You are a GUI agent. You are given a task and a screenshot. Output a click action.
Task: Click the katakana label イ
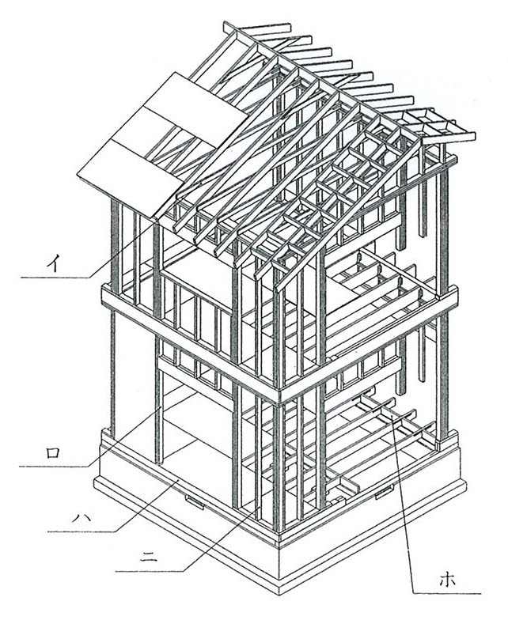[58, 259]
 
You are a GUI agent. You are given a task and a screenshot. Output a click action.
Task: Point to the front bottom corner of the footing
[280, 589]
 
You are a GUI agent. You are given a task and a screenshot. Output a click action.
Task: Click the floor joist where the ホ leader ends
[389, 420]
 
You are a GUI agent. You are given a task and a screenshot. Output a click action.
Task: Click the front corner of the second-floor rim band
[279, 393]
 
